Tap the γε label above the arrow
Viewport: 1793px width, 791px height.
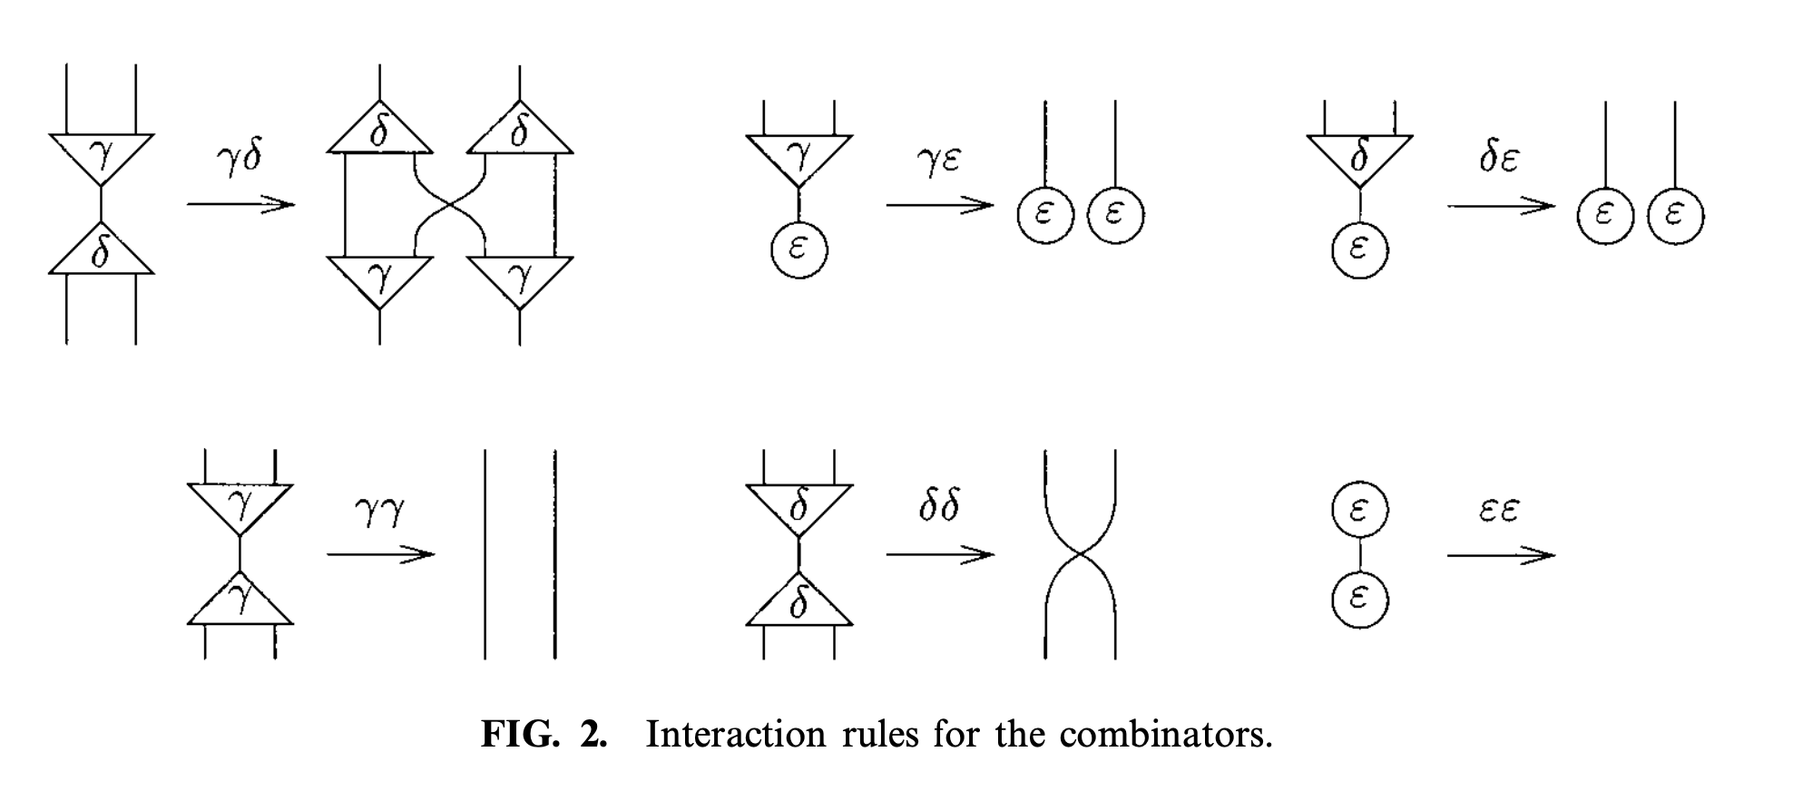point(938,160)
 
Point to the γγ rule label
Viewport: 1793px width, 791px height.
point(379,512)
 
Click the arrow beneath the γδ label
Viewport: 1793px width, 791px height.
point(241,204)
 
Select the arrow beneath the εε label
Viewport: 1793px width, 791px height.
point(1500,555)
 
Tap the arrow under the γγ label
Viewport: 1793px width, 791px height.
point(380,554)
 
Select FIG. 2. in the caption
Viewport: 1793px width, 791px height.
point(544,734)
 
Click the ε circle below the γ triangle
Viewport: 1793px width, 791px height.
point(799,249)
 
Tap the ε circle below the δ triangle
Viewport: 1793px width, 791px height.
point(1359,249)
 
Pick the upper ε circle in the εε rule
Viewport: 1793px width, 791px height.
point(1359,511)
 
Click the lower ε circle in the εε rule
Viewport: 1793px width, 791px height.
point(1359,599)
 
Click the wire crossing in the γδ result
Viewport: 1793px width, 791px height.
point(450,206)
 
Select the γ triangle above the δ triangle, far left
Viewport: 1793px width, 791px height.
point(101,157)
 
